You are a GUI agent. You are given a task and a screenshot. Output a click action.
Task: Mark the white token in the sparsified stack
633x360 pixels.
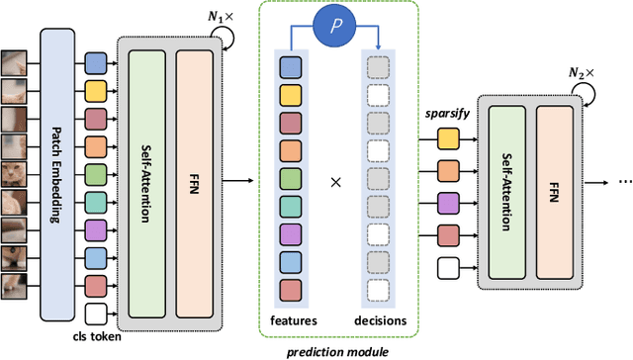point(449,267)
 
